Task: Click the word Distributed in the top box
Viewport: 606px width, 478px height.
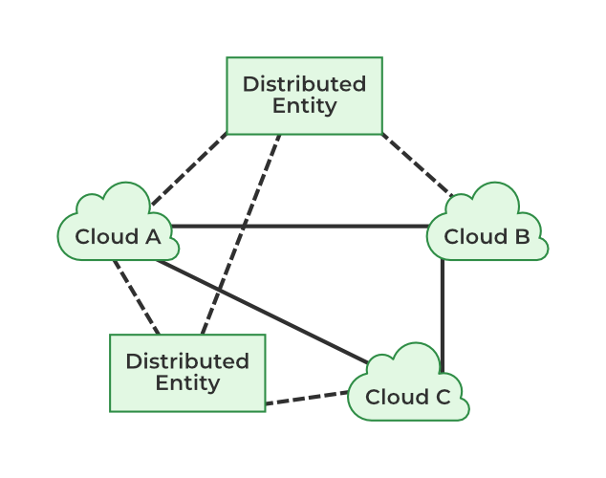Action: tap(304, 84)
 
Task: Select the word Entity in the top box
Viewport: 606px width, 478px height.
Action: tap(304, 106)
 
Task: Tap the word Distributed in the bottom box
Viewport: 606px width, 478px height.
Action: tap(187, 361)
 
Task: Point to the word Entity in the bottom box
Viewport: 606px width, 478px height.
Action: tap(187, 383)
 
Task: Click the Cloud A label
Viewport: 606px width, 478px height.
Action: tap(118, 236)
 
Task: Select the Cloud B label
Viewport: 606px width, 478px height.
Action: tap(487, 236)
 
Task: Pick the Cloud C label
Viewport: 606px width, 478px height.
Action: tap(408, 397)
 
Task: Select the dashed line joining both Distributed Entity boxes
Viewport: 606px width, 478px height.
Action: tap(241, 234)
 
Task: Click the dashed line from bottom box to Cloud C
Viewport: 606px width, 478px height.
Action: tap(306, 398)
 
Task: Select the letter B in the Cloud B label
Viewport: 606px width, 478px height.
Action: tap(521, 236)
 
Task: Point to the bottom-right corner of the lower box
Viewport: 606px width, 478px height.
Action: tap(265, 411)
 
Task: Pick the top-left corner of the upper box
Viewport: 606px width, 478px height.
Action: tap(227, 58)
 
